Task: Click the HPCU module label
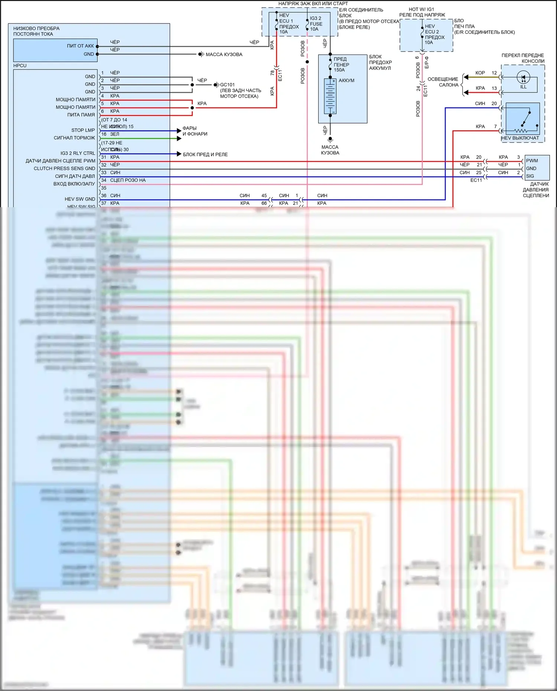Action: [x=20, y=66]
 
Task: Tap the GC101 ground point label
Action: [x=227, y=85]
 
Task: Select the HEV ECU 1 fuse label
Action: [x=289, y=24]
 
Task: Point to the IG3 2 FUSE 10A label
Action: [x=316, y=24]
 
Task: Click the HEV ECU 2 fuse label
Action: [x=434, y=35]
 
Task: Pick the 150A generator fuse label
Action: [x=341, y=65]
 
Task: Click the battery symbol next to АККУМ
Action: [x=330, y=96]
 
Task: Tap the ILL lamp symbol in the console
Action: [x=523, y=78]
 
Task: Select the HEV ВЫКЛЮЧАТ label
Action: [x=520, y=138]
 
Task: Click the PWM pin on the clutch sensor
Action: [x=532, y=161]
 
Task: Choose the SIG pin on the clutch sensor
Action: [x=530, y=176]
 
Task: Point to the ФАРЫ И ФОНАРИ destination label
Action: [x=195, y=131]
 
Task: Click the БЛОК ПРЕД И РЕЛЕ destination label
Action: [x=205, y=154]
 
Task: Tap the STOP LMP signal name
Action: [x=83, y=130]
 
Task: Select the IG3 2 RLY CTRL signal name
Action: [x=78, y=153]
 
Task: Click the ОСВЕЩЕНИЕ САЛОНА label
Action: [x=443, y=82]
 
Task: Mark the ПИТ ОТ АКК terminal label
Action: [x=80, y=46]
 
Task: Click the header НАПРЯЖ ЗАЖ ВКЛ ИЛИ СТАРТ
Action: [x=313, y=4]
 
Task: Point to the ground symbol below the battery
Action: [x=330, y=140]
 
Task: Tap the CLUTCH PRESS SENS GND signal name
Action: [x=64, y=169]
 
